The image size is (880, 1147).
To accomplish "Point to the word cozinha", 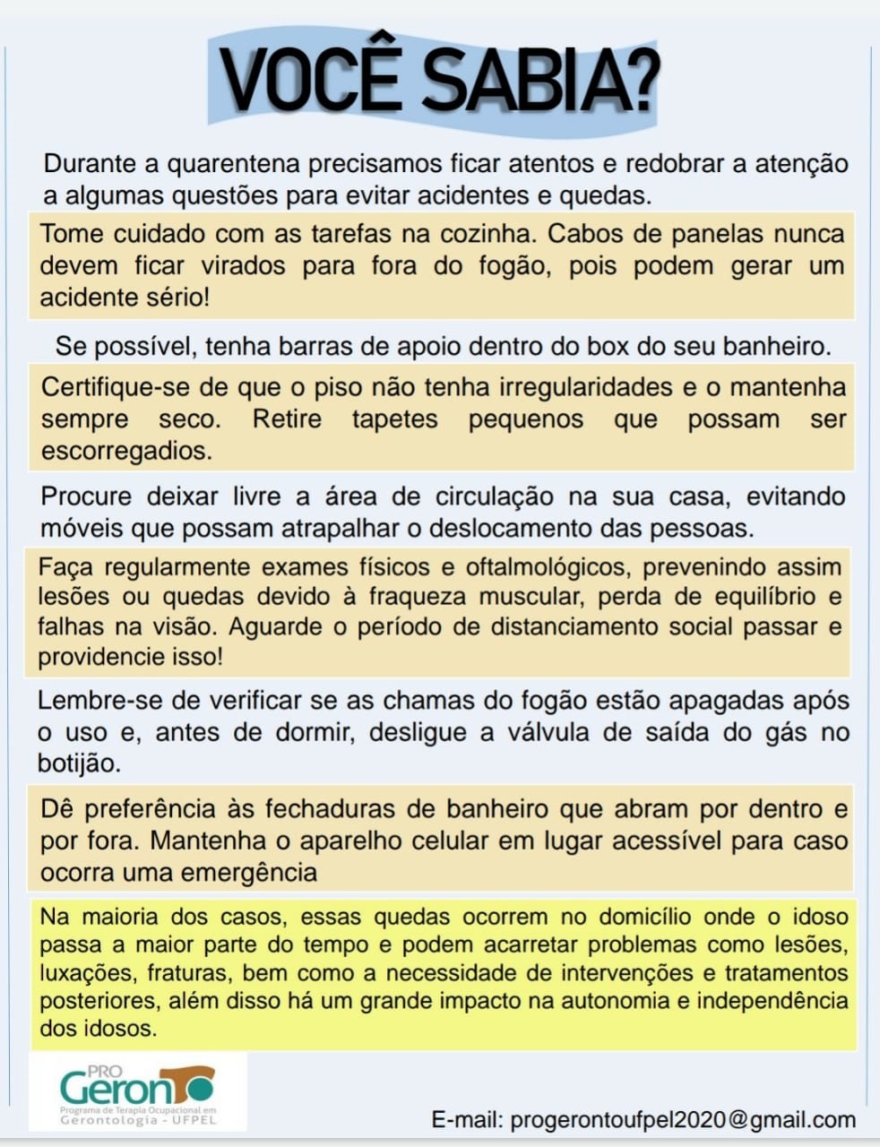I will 484,234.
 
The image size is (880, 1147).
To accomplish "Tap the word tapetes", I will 394,419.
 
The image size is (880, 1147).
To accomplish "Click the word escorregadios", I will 126,451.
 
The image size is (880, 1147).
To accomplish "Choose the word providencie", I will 101,657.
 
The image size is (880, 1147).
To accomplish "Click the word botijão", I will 79,763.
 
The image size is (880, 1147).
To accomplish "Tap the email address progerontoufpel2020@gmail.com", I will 683,1120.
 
